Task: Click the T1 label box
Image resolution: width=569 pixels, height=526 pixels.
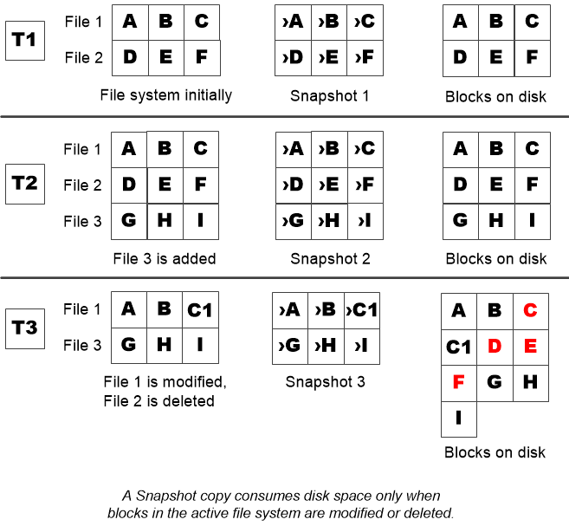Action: [x=25, y=40]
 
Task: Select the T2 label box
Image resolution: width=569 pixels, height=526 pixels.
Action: [x=25, y=185]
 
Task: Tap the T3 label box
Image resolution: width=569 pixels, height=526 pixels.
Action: [x=25, y=327]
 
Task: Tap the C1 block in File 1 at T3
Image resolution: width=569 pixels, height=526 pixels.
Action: [x=200, y=309]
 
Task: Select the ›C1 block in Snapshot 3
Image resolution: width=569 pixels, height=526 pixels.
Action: [x=362, y=310]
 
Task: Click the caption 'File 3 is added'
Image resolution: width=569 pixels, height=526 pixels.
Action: [x=165, y=258]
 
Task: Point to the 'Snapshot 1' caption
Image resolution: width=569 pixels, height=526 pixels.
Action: [x=330, y=95]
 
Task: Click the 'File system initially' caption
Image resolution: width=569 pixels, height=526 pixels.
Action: [x=166, y=95]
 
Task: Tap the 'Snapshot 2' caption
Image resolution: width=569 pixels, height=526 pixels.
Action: [x=330, y=258]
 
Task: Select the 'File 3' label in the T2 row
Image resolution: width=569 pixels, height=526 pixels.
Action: [x=82, y=222]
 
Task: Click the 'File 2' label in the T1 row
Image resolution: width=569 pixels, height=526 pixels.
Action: [x=84, y=58]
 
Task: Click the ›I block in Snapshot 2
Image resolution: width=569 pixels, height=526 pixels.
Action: [x=365, y=222]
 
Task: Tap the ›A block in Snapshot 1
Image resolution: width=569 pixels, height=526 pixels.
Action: [x=293, y=22]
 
